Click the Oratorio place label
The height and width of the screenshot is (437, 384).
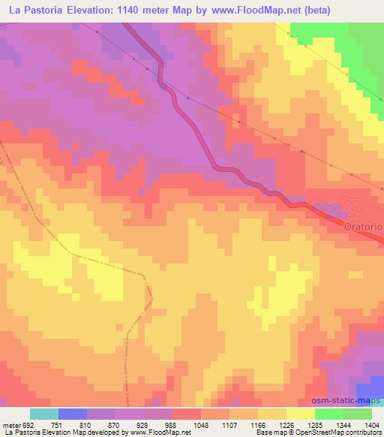363,226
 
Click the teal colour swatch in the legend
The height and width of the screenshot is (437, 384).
44,413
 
